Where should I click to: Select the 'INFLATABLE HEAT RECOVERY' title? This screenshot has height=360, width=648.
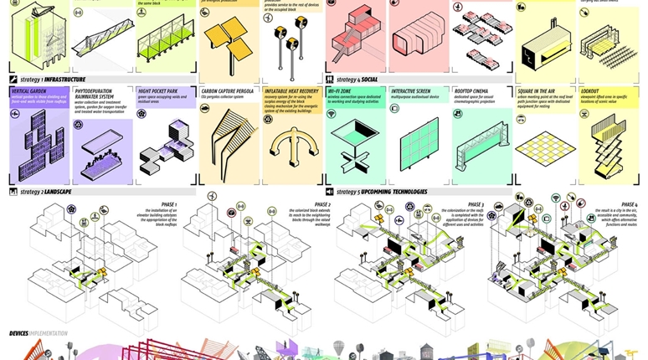(291, 90)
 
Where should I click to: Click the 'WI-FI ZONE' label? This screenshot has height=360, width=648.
(339, 90)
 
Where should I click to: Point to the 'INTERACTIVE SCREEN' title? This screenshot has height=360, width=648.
(414, 90)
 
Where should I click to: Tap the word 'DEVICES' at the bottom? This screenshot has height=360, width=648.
(19, 333)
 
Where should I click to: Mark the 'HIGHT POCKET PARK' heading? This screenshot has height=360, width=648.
(159, 90)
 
